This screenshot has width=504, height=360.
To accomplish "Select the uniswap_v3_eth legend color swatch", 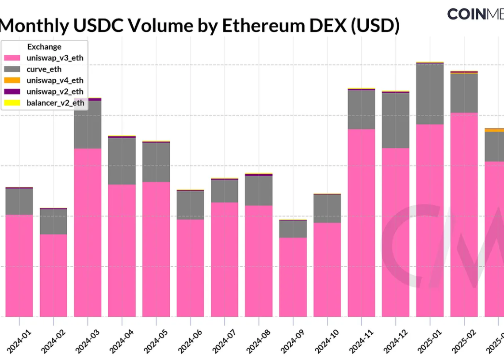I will (x=12, y=58).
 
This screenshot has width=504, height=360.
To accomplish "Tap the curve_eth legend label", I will (x=44, y=69).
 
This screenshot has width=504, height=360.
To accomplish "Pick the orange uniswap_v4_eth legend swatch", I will (x=12, y=80).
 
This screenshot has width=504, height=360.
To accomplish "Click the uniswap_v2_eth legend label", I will (x=55, y=92).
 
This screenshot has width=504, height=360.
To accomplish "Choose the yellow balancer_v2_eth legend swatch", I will (x=12, y=103).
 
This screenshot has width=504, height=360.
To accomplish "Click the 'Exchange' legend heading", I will (x=44, y=47).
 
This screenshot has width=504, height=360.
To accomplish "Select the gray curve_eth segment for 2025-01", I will (x=430, y=94).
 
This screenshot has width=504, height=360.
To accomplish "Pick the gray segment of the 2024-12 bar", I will (x=395, y=120).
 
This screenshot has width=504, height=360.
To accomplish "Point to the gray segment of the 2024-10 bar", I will (x=327, y=208).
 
